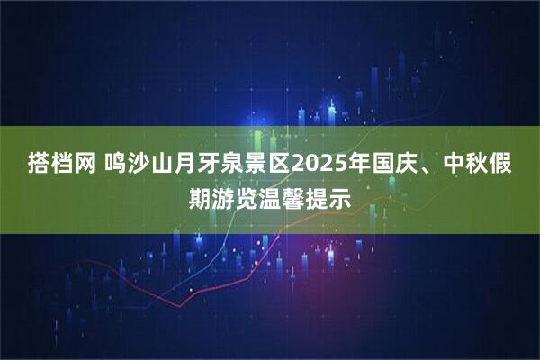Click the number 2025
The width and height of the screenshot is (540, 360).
coord(316,166)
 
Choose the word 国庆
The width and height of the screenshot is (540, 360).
coord(392,166)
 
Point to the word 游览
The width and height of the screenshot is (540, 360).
coord(235,194)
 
